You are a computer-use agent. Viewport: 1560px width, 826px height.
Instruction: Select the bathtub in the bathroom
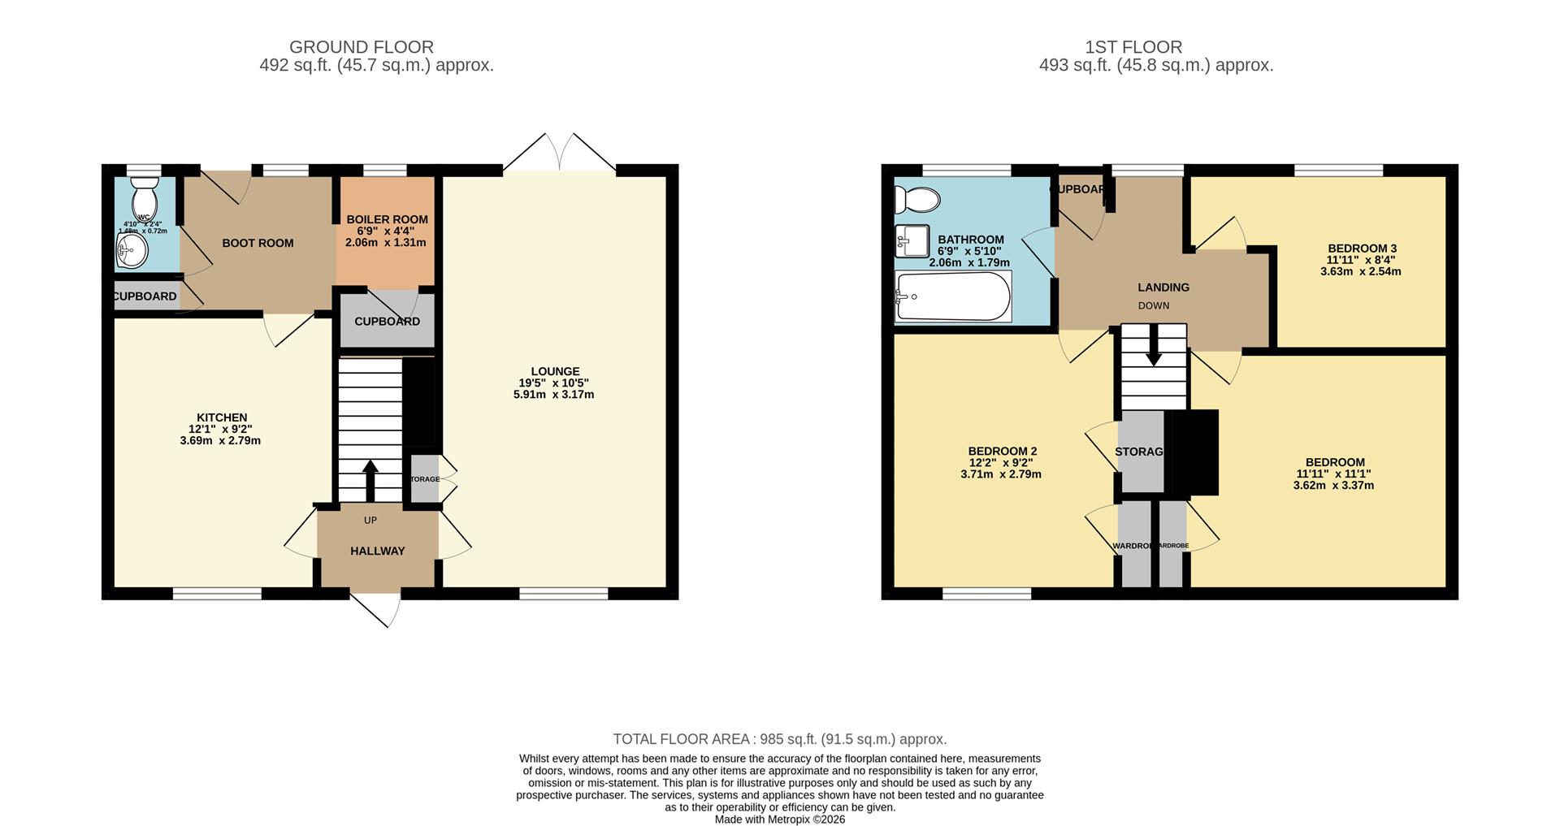click(x=952, y=296)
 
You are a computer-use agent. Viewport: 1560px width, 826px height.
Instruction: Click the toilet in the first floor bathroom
click(x=916, y=198)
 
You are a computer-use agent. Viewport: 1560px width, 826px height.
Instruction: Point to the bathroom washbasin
click(x=911, y=240)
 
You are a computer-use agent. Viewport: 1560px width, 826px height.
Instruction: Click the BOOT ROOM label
click(x=258, y=243)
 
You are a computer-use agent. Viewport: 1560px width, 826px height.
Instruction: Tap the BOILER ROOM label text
click(x=387, y=219)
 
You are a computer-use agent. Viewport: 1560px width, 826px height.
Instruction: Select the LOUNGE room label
click(x=555, y=371)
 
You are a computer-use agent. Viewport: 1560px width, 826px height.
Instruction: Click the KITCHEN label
click(x=221, y=417)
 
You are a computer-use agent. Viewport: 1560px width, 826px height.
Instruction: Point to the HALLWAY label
click(x=377, y=551)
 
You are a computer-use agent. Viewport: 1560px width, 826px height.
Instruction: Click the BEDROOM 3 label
click(x=1362, y=249)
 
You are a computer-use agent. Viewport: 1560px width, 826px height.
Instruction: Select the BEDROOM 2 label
click(x=1002, y=451)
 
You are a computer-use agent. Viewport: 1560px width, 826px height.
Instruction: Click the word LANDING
click(x=1163, y=287)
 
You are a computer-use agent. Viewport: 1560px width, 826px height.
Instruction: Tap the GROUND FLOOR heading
click(x=361, y=47)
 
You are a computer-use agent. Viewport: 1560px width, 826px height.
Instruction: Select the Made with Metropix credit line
click(x=779, y=820)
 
